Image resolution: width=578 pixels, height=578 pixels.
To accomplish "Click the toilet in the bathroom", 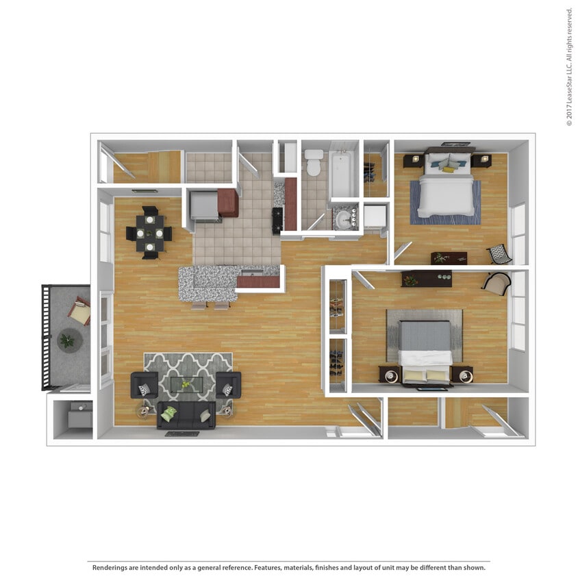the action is point(314,162).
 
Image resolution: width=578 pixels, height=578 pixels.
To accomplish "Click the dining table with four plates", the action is point(150,233).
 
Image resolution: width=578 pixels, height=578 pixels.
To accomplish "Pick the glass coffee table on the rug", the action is point(186,384).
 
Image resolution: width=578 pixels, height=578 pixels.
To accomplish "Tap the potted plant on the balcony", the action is point(67,340).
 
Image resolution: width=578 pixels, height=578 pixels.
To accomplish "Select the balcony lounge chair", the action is point(79,311).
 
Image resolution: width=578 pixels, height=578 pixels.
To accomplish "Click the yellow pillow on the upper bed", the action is point(449,170).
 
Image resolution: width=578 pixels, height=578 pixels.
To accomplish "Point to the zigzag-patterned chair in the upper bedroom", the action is point(499,254).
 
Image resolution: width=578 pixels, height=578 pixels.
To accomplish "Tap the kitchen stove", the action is point(277,221).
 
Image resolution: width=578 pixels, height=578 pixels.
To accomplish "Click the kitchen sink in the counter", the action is point(252,273).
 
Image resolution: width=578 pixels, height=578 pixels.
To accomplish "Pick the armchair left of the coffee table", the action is point(144,385).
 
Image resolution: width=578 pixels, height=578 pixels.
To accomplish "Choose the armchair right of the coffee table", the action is point(229,385).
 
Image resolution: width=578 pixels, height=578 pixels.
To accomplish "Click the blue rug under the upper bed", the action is point(445,203).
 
